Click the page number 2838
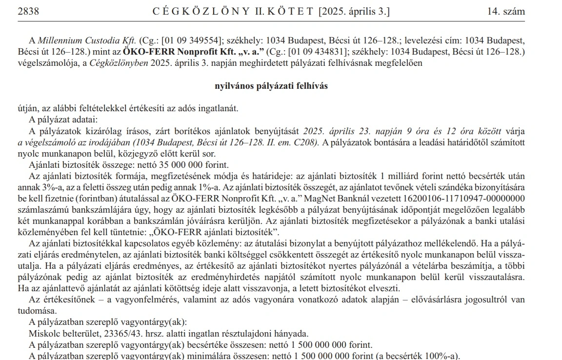[28, 12]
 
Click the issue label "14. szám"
[506, 12]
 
